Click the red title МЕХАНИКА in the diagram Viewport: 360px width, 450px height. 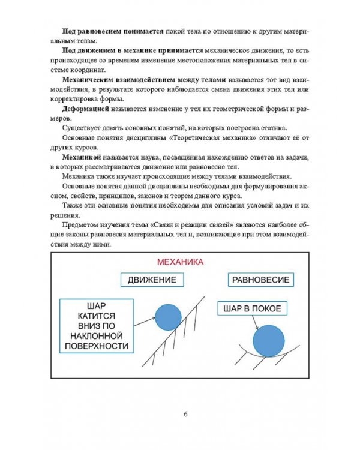click(x=179, y=262)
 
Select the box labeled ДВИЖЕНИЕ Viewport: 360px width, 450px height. click(x=151, y=280)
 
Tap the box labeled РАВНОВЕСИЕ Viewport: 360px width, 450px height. click(x=260, y=280)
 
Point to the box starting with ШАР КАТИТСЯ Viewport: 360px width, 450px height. click(x=97, y=326)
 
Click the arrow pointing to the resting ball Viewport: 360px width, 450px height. click(x=256, y=322)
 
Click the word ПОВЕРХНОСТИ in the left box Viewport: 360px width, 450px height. click(x=97, y=347)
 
